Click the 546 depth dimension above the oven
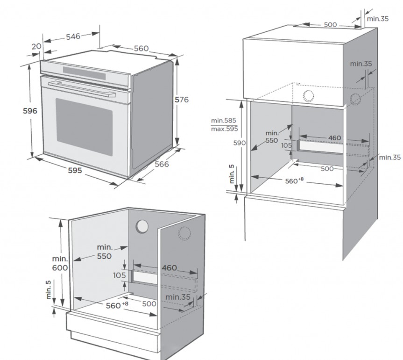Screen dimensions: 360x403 point(73,36)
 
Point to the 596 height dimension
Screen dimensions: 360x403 point(29,111)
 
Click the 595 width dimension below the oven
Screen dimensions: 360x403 point(74,170)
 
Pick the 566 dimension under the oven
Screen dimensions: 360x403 point(162,164)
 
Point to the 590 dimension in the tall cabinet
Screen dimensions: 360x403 point(239,143)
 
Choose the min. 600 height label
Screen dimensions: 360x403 point(60,263)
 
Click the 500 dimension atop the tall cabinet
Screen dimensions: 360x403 point(330,24)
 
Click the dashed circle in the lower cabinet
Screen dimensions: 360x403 point(184,234)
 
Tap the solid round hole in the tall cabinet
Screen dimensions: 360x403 point(308,96)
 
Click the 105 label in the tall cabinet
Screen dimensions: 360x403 point(287,145)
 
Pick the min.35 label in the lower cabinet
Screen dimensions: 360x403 point(177,297)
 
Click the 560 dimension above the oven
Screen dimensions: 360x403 point(141,49)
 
